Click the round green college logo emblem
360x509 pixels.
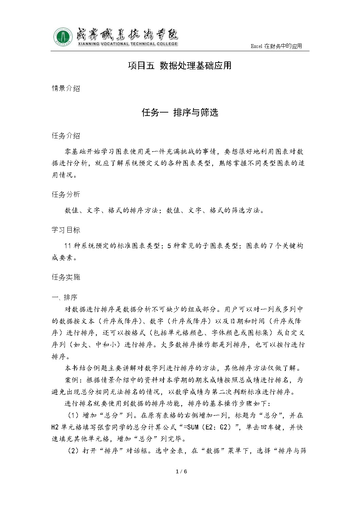coord(63,37)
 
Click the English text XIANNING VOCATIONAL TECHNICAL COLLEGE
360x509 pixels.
coord(127,44)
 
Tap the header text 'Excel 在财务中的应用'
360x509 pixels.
coord(276,46)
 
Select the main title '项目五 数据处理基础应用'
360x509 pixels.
coord(180,66)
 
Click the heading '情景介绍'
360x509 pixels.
coord(66,88)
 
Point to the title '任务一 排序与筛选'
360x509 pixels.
coord(180,113)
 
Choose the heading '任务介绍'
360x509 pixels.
coord(66,136)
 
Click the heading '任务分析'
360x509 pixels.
coord(66,194)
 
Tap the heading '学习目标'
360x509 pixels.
coord(66,230)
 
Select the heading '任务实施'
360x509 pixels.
coord(66,277)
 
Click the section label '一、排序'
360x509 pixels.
coord(65,298)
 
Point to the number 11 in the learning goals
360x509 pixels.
coord(68,246)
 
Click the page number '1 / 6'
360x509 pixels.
coord(181,471)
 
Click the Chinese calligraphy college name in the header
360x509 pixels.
coord(126,34)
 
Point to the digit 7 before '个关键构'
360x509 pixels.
coord(271,246)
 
